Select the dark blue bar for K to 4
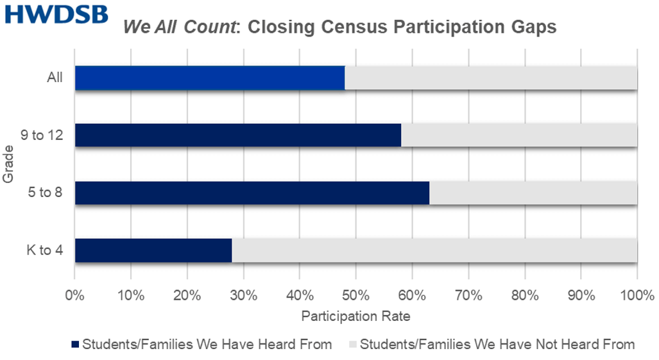pyautogui.click(x=153, y=250)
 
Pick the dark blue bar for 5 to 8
pyautogui.click(x=252, y=193)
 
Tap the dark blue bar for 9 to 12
pyautogui.click(x=237, y=135)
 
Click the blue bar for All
pyautogui.click(x=209, y=78)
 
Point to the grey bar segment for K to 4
pyautogui.click(x=434, y=250)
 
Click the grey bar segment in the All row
pyautogui.click(x=491, y=78)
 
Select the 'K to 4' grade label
pyautogui.click(x=45, y=250)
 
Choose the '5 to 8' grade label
pyautogui.click(x=45, y=193)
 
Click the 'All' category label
pyautogui.click(x=55, y=78)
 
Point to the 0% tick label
pyautogui.click(x=75, y=297)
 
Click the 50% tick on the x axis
pyautogui.click(x=356, y=297)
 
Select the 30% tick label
pyautogui.click(x=244, y=297)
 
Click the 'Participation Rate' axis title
pyautogui.click(x=355, y=316)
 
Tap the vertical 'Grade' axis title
pyautogui.click(x=8, y=166)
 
